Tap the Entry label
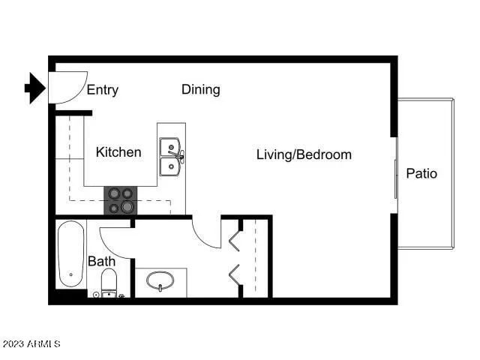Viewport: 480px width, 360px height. pyautogui.click(x=103, y=90)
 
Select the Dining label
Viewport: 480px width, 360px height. pyautogui.click(x=201, y=90)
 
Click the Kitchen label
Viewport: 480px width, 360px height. pyautogui.click(x=118, y=152)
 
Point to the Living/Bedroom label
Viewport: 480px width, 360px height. pyautogui.click(x=304, y=154)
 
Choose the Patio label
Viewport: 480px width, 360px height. pyautogui.click(x=421, y=173)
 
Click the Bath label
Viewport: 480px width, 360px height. pyautogui.click(x=101, y=262)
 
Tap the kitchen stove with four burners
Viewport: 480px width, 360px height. pyautogui.click(x=121, y=199)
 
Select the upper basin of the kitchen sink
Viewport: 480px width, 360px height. pyautogui.click(x=170, y=146)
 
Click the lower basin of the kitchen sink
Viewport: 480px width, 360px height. pyautogui.click(x=170, y=166)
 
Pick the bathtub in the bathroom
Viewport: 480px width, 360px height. pyautogui.click(x=70, y=254)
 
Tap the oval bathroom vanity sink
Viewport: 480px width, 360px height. pyautogui.click(x=160, y=282)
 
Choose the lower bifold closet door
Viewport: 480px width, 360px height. pyautogui.click(x=234, y=273)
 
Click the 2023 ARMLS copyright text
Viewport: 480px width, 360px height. pyautogui.click(x=31, y=344)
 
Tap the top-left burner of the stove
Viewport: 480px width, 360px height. pyautogui.click(x=114, y=193)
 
